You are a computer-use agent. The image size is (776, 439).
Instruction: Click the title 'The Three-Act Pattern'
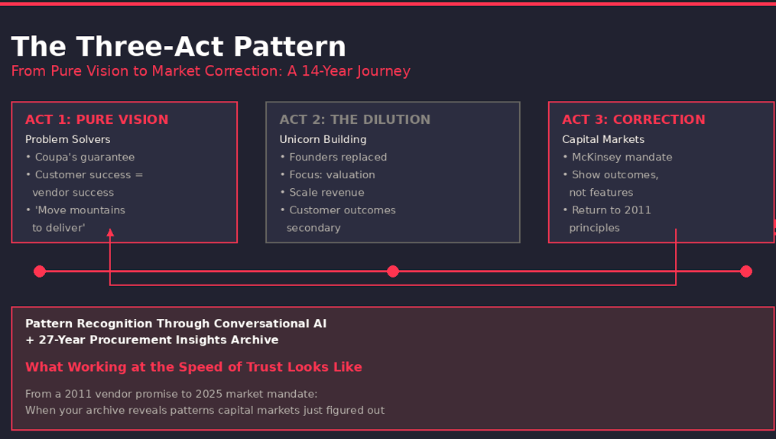point(178,47)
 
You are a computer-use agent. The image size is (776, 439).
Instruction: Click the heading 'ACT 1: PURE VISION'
point(97,120)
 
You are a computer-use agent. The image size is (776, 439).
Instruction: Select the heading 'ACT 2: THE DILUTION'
point(355,120)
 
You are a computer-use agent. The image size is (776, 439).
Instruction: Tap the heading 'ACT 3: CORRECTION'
point(634,120)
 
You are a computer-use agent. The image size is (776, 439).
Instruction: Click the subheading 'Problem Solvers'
point(68,139)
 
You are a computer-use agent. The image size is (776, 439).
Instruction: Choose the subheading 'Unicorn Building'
point(323,139)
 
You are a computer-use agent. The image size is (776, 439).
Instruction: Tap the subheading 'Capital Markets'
point(603,139)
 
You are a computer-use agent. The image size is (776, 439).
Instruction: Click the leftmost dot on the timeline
point(40,272)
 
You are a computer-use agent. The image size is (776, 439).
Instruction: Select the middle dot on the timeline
point(393,272)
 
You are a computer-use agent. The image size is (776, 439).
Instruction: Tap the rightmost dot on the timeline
point(746,272)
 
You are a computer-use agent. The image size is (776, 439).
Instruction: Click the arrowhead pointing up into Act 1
point(110,233)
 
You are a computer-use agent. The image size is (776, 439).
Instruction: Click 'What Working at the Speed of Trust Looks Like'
point(193,367)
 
